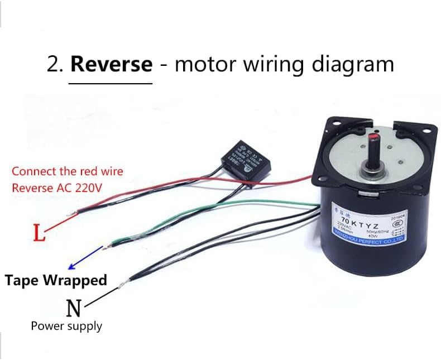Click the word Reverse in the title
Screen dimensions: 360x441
(x=111, y=64)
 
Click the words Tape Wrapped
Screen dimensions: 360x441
(x=56, y=280)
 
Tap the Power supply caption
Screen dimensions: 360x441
(x=66, y=325)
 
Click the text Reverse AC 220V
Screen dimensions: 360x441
(x=57, y=188)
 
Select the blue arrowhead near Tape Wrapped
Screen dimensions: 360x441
(x=71, y=266)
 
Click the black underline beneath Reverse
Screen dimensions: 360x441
(x=111, y=84)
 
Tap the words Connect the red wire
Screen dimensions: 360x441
(x=67, y=171)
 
